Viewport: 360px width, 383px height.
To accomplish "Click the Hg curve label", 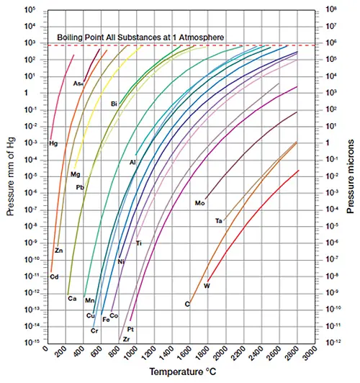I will click(x=53, y=143).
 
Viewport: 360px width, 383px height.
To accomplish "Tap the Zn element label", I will click(x=58, y=251).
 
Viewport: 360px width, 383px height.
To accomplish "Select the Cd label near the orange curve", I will click(x=53, y=276).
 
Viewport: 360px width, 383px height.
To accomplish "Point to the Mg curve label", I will click(x=75, y=174).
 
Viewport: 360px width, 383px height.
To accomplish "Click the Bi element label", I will click(x=114, y=104).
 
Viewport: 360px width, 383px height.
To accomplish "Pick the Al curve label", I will click(x=132, y=163).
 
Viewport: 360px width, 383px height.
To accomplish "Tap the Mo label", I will click(x=200, y=203).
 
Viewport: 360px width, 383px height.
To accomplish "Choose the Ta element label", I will click(x=218, y=220).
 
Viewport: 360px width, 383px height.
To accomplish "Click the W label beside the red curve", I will click(x=207, y=287).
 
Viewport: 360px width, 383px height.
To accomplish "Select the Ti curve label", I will click(x=138, y=243).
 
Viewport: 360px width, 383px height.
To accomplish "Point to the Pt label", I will click(x=131, y=329).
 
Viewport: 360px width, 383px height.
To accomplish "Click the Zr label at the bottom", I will click(x=125, y=339).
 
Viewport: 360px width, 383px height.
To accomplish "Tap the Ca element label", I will click(x=72, y=298).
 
